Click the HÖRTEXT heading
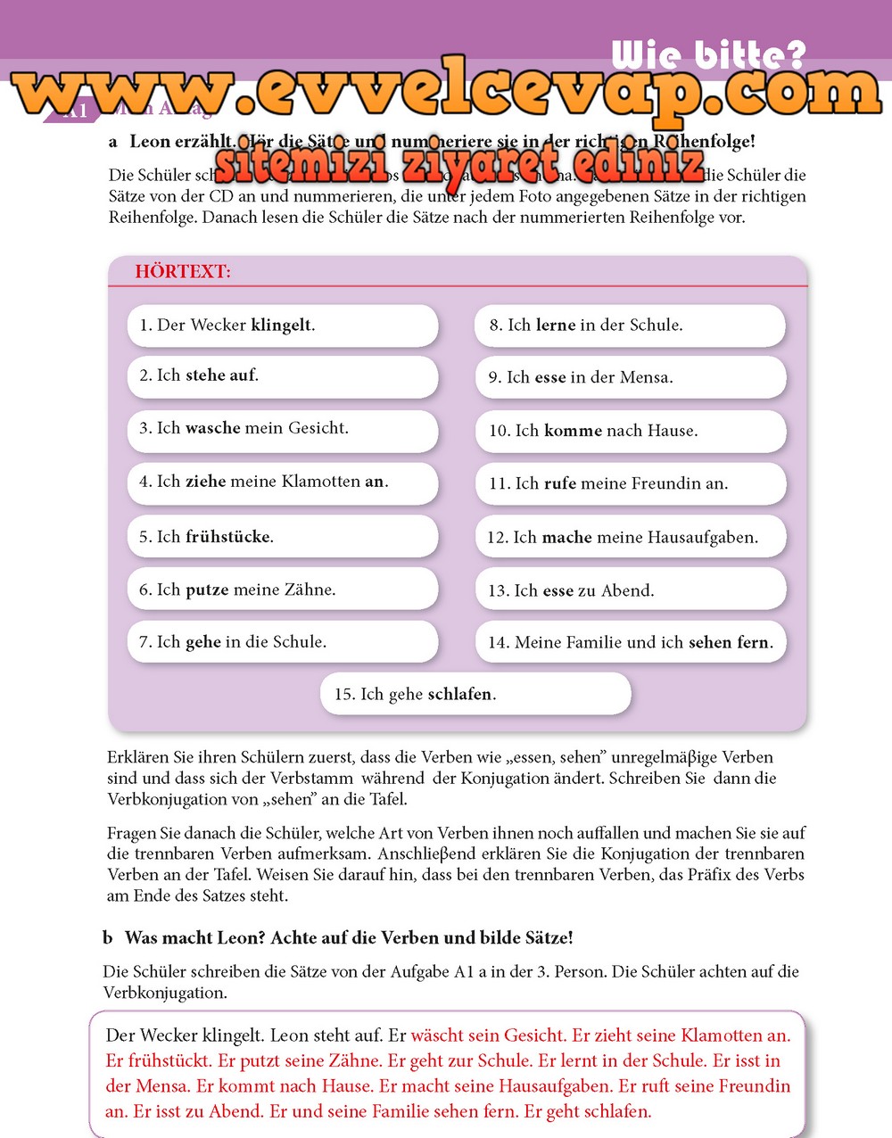pyautogui.click(x=183, y=272)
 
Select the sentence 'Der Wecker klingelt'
pyautogui.click(x=227, y=326)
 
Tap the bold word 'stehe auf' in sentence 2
pyautogui.click(x=220, y=375)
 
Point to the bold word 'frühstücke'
pyautogui.click(x=227, y=537)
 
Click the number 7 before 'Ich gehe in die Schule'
pyautogui.click(x=144, y=642)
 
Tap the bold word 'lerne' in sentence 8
pyautogui.click(x=555, y=326)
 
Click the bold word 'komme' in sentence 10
pyautogui.click(x=573, y=431)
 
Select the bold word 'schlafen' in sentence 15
pyautogui.click(x=460, y=695)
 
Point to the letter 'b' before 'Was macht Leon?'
pyautogui.click(x=108, y=937)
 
